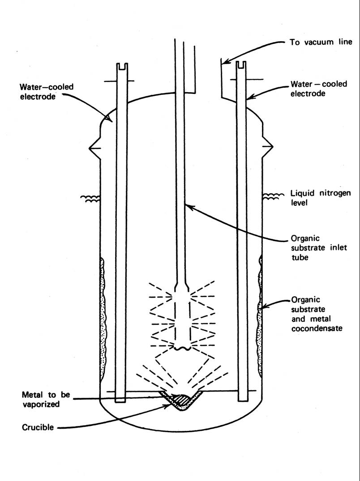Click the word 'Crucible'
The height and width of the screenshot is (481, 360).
click(x=38, y=427)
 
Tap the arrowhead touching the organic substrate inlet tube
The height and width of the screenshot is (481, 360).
click(x=188, y=206)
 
